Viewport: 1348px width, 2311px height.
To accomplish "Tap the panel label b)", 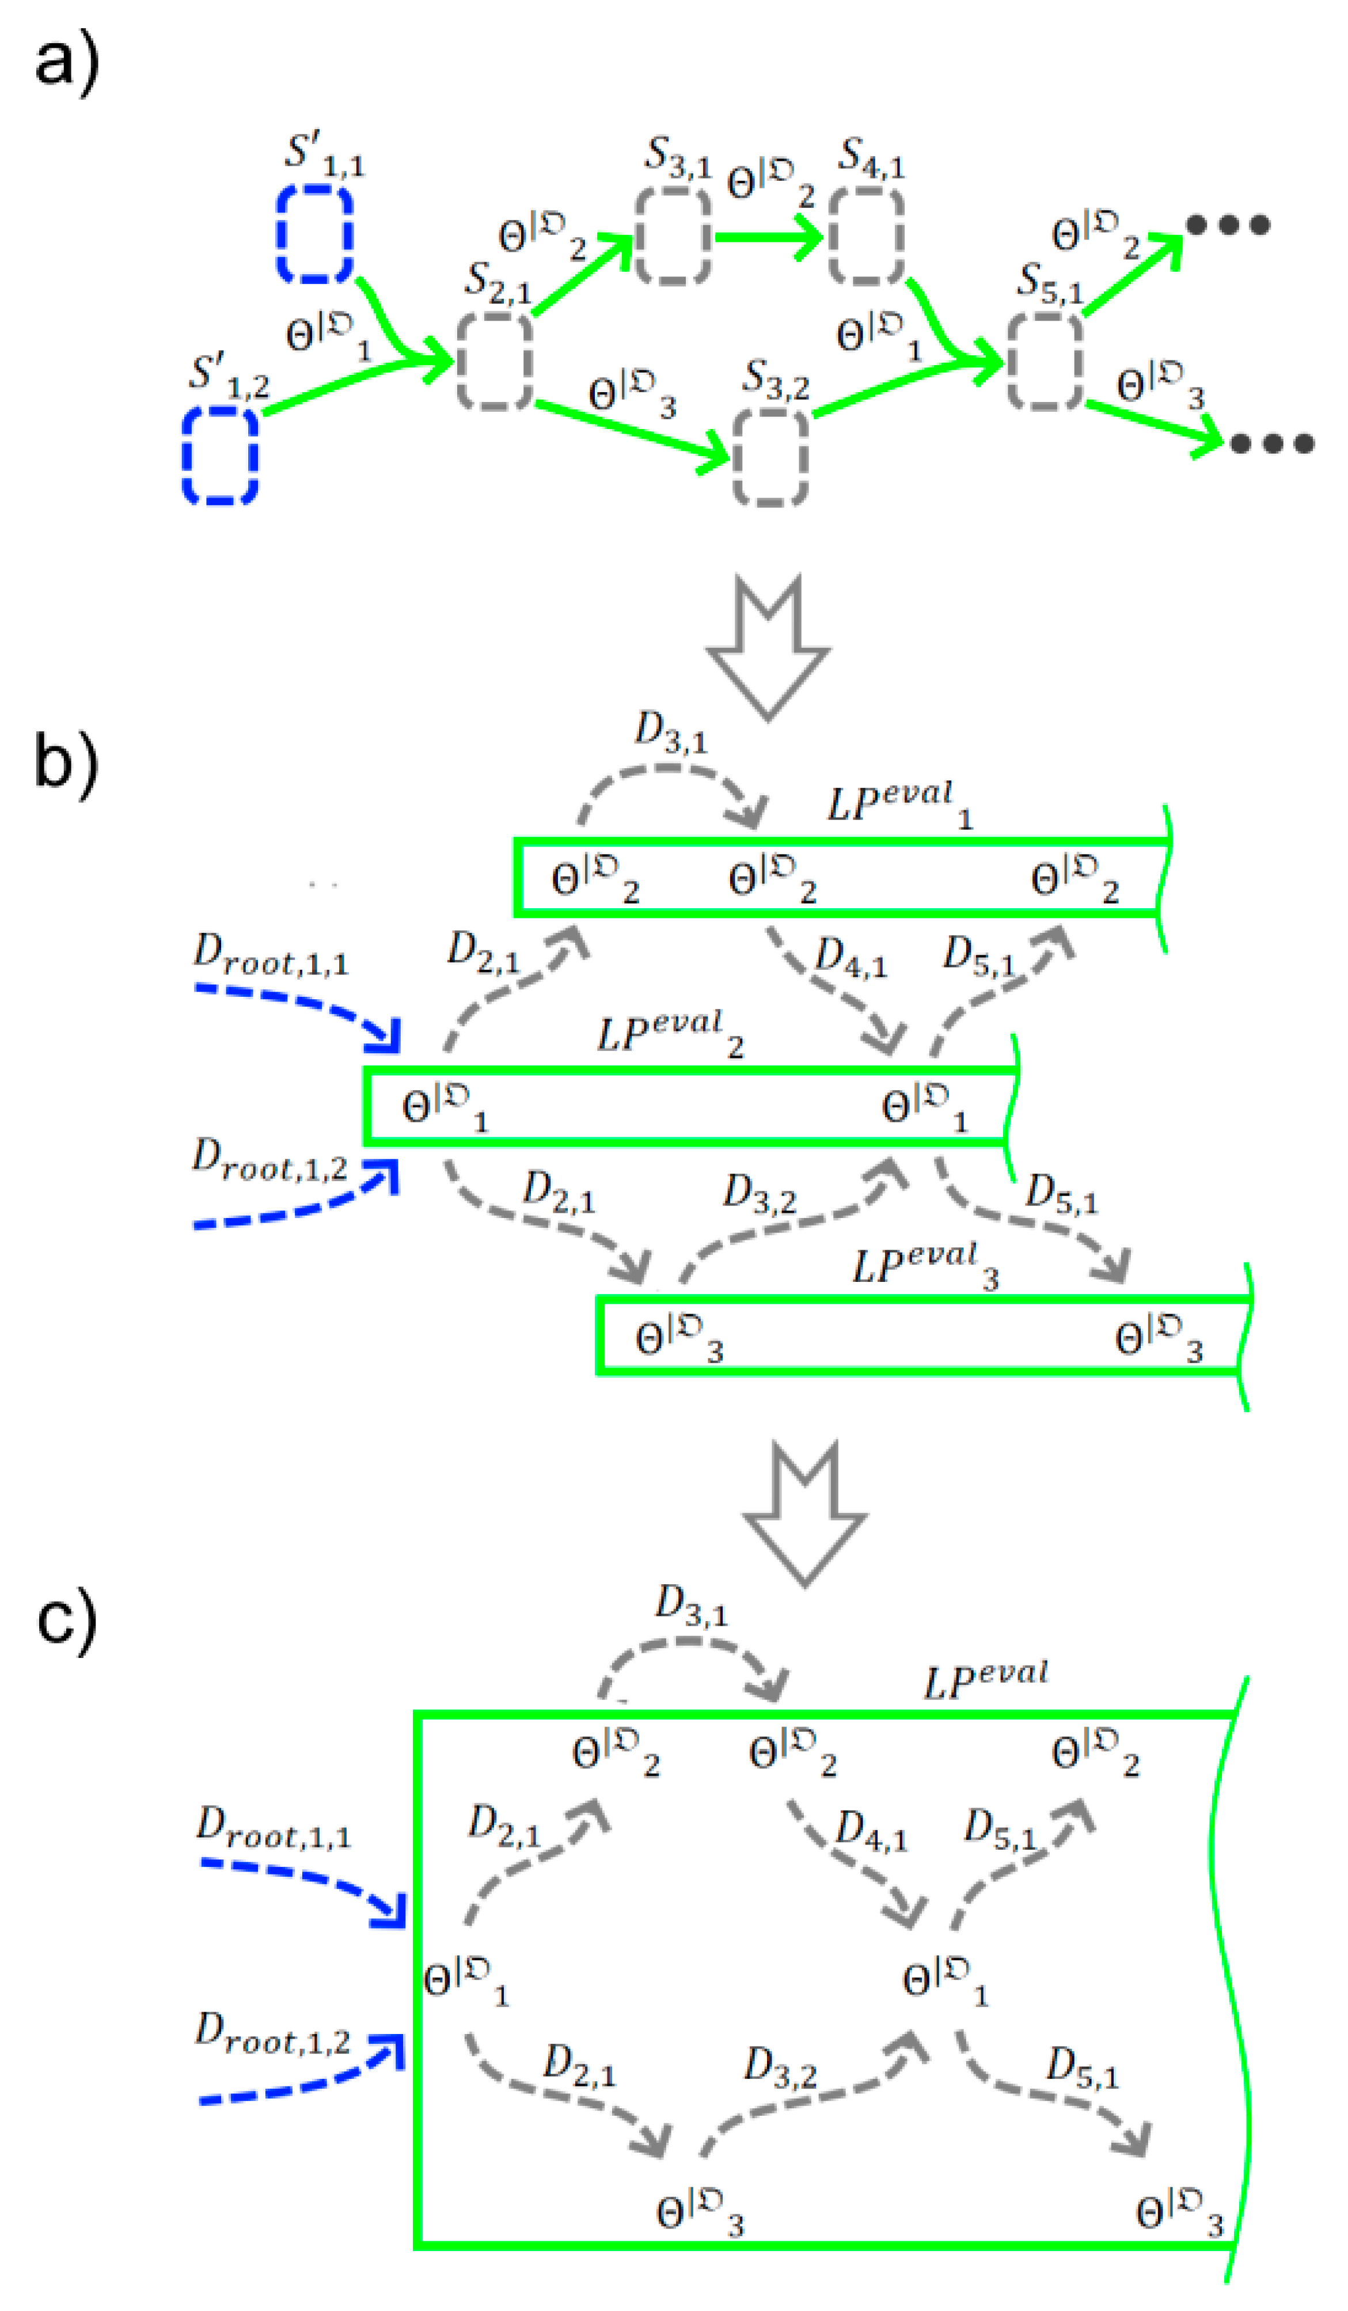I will point(66,763).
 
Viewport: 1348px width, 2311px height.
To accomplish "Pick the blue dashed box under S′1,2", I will point(220,456).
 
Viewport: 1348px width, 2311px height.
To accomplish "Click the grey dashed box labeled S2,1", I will point(494,360).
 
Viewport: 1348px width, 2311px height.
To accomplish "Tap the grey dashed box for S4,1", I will point(867,237).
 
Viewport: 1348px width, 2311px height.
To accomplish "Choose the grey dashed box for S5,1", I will point(1045,360).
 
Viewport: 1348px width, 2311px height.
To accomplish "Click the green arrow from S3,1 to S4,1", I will point(769,237).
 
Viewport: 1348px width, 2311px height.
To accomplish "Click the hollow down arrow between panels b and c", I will point(804,1513).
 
